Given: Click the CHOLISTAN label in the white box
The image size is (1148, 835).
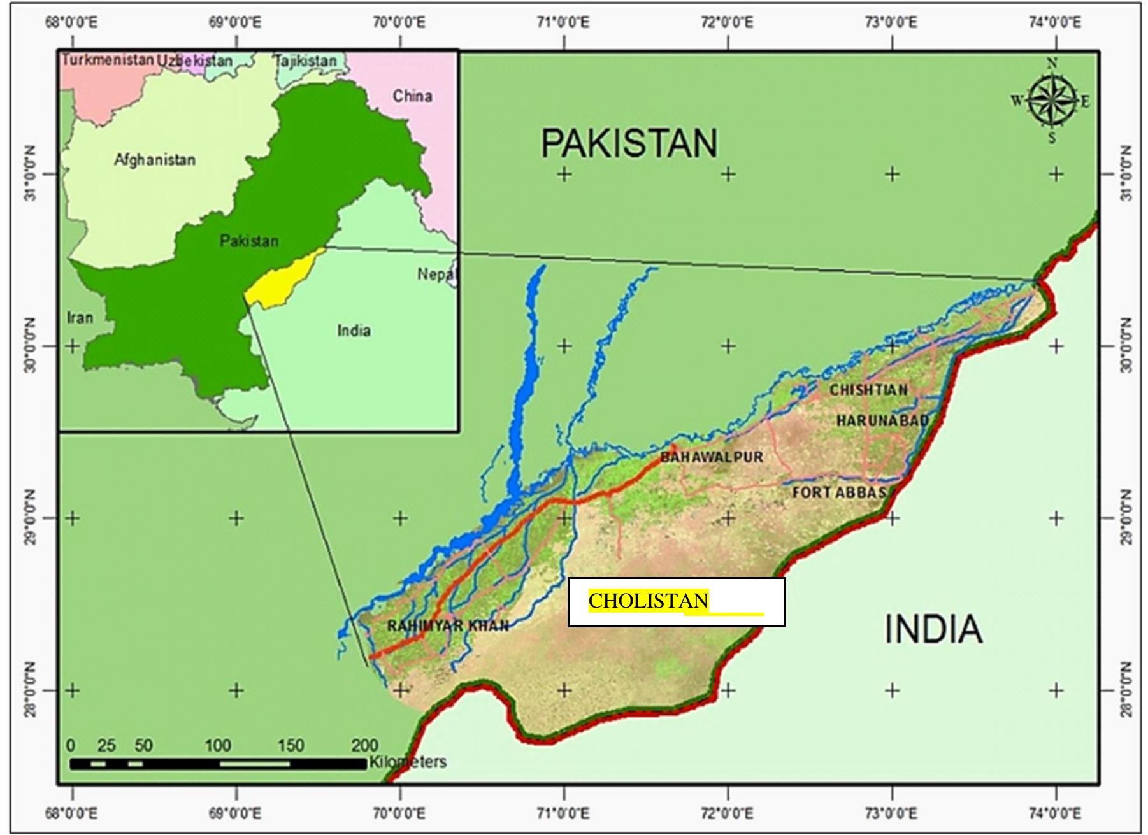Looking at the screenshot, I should point(649,601).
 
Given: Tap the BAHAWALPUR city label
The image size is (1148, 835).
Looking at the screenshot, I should point(712,457).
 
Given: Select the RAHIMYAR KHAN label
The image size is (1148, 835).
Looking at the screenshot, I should point(448,625).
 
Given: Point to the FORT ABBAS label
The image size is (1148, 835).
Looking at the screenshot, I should point(839,492).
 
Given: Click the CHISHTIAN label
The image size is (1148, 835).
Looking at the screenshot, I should point(868,390).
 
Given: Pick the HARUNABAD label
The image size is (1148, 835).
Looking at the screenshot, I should point(882,420).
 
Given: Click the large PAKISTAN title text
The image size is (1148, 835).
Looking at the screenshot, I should point(629,143).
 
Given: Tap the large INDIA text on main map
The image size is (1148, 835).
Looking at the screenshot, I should point(933,629).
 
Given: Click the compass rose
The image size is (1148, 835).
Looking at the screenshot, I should point(1052,101).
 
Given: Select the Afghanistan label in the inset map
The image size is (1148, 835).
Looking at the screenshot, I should point(155,159).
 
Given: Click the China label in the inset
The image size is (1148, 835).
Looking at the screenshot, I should point(412,96).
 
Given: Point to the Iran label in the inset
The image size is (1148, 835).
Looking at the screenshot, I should point(80,317).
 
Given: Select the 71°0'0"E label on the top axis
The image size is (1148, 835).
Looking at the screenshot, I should point(563,23).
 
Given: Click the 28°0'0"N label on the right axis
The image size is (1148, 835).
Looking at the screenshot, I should point(1126,690).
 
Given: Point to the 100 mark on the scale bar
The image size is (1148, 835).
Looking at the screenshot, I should point(217,745).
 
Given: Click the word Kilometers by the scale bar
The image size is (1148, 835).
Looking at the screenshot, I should point(408,762).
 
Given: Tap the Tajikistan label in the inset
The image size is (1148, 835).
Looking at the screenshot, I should point(306,61).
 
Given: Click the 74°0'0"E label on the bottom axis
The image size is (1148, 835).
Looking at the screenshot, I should point(1055,813).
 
